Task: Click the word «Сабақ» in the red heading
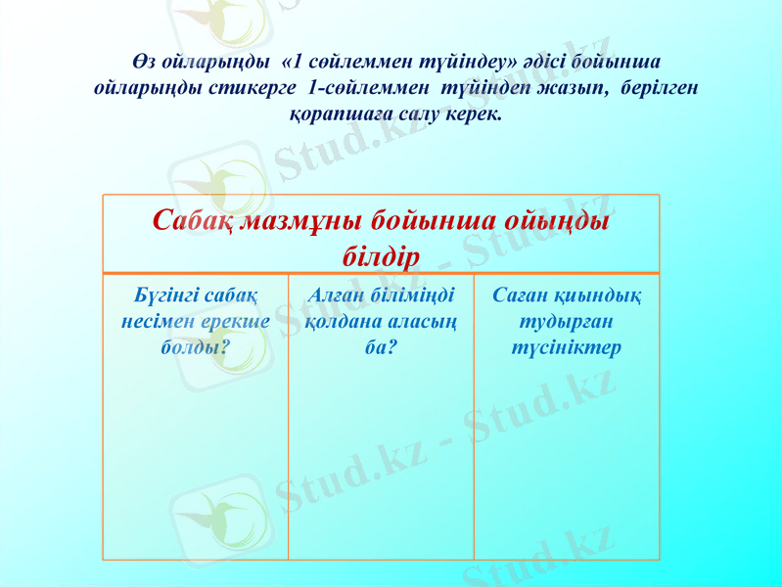pos(193,221)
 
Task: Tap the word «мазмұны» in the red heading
pos(300,221)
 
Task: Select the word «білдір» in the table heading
pos(381,257)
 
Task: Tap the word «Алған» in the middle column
pos(336,295)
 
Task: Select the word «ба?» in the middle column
pos(381,347)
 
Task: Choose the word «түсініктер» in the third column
pos(566,347)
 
